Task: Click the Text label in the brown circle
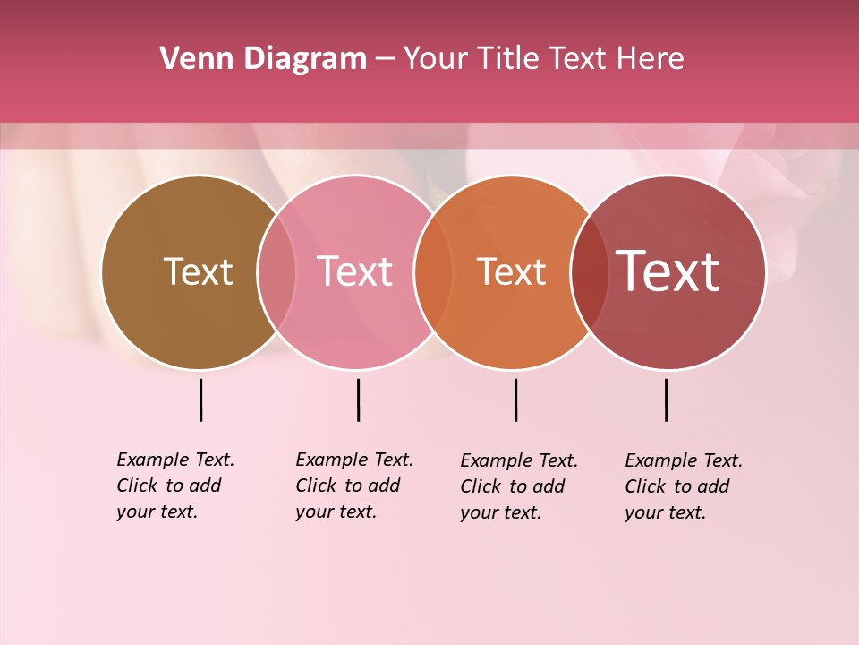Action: (x=198, y=271)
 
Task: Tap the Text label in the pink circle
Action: (x=354, y=271)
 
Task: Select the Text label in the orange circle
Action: (x=511, y=271)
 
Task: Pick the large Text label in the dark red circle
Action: (x=668, y=271)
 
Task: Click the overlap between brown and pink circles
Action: (x=276, y=271)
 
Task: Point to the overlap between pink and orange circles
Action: (x=433, y=271)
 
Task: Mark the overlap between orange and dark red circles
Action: (x=590, y=271)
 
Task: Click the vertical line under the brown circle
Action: (x=200, y=400)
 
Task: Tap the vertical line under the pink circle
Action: (x=358, y=400)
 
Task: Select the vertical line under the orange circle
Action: (x=515, y=400)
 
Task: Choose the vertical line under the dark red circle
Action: (x=666, y=400)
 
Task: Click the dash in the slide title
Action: (x=385, y=60)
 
